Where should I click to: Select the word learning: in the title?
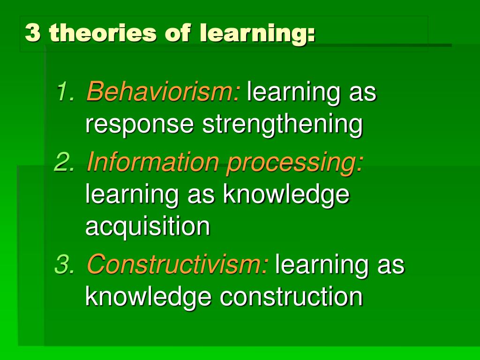pyautogui.click(x=257, y=34)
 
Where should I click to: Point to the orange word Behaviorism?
pyautogui.click(x=163, y=91)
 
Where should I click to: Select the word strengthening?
pyautogui.click(x=282, y=125)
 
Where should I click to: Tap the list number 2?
pyautogui.click(x=64, y=162)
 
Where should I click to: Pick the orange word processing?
pyautogui.click(x=294, y=163)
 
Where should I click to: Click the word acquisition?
pyautogui.click(x=148, y=227)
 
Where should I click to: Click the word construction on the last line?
pyautogui.click(x=291, y=296)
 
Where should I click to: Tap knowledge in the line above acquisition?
pyautogui.click(x=286, y=194)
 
